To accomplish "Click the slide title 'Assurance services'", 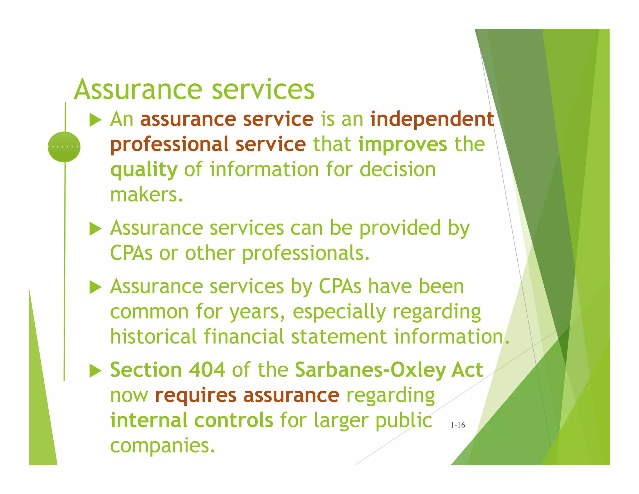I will [194, 89].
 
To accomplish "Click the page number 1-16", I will [457, 425].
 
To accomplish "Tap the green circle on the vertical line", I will [64, 147].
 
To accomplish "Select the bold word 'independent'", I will [432, 119].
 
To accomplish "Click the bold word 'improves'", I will [402, 145].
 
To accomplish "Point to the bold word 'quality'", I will [144, 170].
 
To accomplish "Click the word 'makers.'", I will [146, 195].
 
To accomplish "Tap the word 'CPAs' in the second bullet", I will [131, 253].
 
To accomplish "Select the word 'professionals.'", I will [306, 254].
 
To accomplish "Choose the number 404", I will [207, 370].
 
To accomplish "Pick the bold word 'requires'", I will [196, 395].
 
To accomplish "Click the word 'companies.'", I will [163, 446].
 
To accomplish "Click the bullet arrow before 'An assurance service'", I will [95, 120].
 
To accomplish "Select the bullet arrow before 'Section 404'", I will [95, 371].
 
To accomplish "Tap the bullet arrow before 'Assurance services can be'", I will [95, 229].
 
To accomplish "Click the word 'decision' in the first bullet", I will [398, 170].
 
